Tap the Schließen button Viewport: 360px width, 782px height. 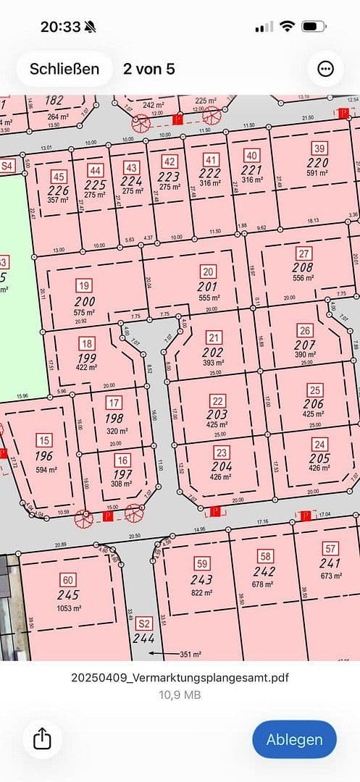point(64,69)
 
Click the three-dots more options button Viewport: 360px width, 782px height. point(325,69)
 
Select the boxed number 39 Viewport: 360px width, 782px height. point(318,148)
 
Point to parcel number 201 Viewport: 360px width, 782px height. point(209,286)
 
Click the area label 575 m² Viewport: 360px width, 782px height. point(85,313)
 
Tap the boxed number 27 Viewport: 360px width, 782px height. point(304,253)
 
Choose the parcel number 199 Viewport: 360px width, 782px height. point(86,358)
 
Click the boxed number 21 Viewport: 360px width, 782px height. point(213,337)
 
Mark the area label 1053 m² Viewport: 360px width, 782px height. point(68,607)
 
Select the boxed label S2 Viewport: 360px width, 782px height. point(144,623)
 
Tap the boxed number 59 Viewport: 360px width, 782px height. point(202,563)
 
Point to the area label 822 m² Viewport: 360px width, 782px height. point(202,592)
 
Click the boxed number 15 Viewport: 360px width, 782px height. point(44,440)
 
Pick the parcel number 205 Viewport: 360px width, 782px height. point(319,458)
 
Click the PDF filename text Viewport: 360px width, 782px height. point(180,678)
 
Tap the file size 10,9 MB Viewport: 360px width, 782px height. point(180,694)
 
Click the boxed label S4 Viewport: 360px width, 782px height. point(7,166)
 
